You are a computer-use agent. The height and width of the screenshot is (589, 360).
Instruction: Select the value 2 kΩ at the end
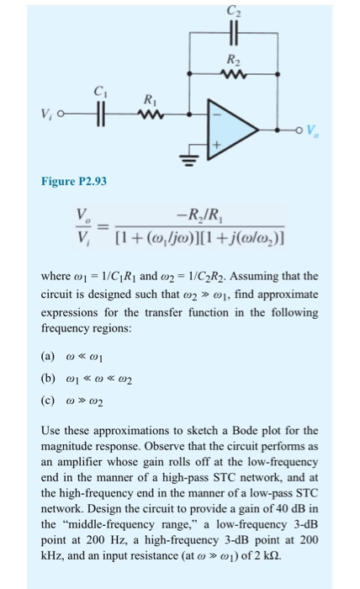click(x=249, y=553)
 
